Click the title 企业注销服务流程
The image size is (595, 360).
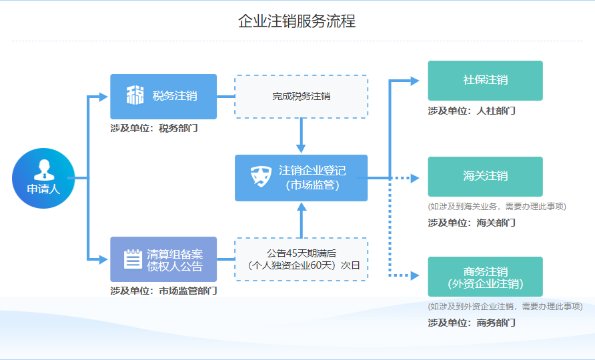(297, 21)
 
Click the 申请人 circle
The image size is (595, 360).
(43, 178)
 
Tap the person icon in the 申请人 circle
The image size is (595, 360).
(43, 168)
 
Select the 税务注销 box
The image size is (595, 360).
(163, 96)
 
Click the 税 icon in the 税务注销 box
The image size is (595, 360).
(135, 95)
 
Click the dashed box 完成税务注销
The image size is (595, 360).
(301, 97)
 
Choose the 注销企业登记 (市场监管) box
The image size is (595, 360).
(301, 178)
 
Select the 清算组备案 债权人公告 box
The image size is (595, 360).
(163, 259)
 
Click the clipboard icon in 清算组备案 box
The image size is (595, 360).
(133, 259)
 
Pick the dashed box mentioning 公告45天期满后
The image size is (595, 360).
(301, 259)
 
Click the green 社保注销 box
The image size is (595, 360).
(485, 80)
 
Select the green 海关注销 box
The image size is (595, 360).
(485, 177)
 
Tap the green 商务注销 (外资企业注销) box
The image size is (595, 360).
(485, 277)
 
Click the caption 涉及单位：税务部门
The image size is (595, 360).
(154, 128)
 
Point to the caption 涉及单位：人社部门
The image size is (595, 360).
(472, 111)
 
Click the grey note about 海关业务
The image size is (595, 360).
(497, 207)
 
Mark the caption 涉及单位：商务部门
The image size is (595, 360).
(472, 323)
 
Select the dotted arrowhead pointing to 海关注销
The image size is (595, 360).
(414, 178)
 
